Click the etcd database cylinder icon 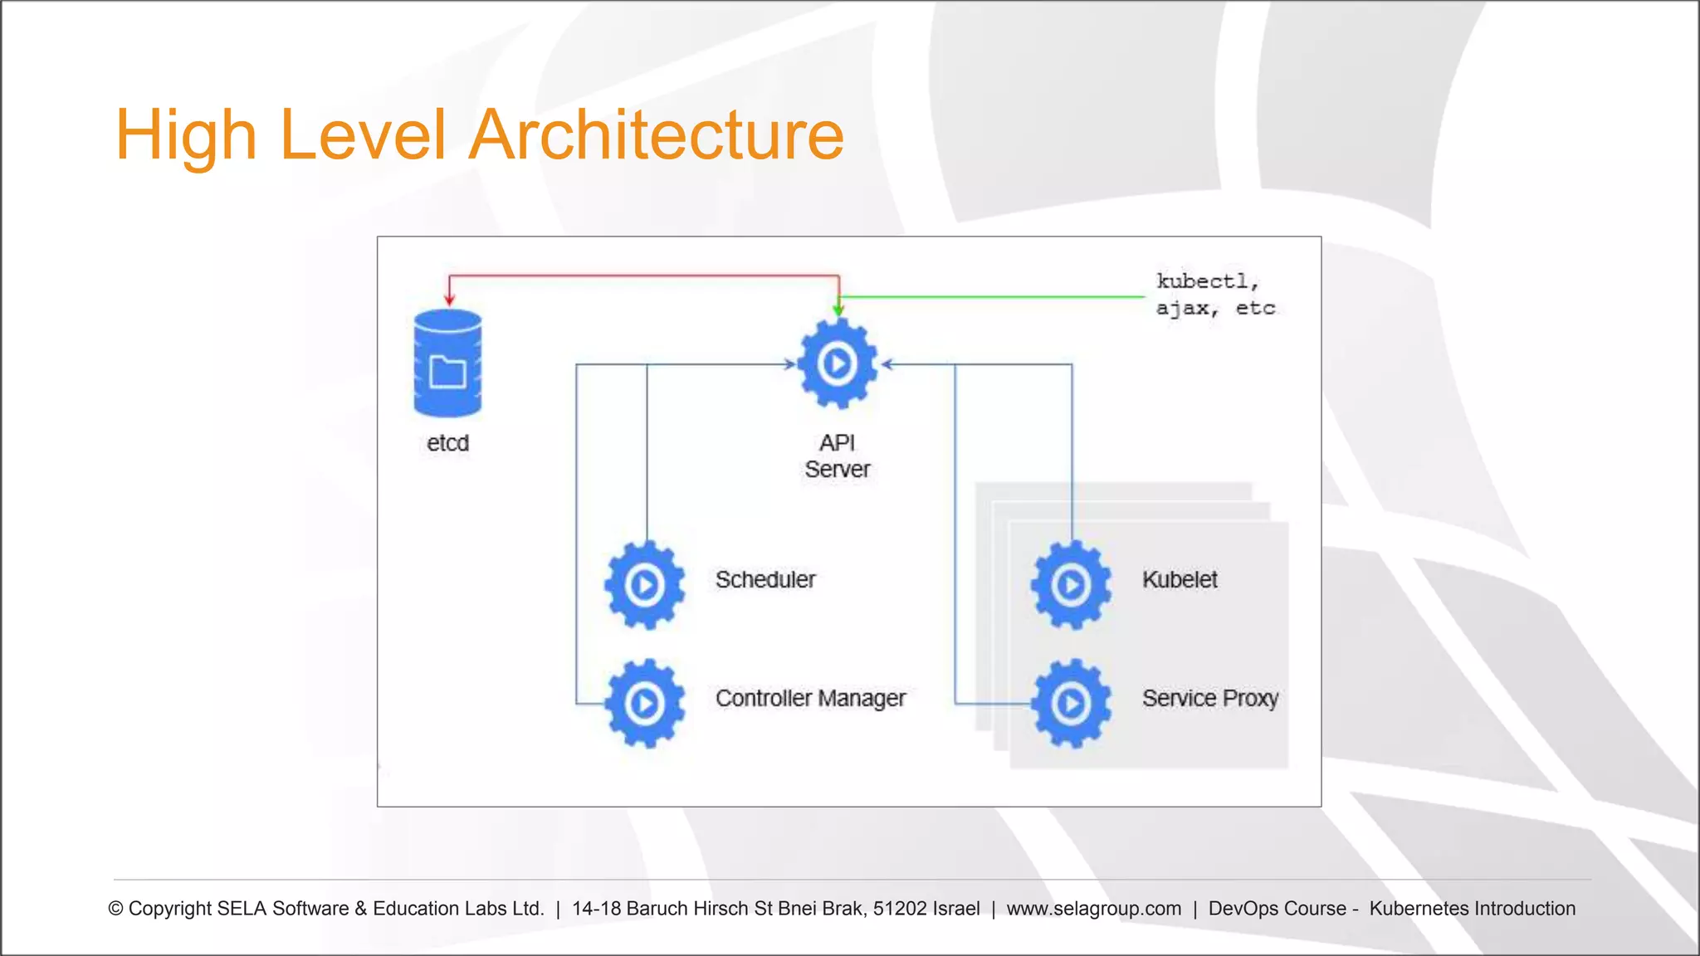tap(447, 363)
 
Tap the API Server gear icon tap(837, 363)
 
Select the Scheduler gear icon tap(645, 585)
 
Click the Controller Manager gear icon tap(645, 704)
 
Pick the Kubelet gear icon tap(1071, 585)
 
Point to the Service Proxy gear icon tap(1071, 704)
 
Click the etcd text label tap(447, 443)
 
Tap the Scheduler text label tap(765, 579)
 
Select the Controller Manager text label tap(810, 699)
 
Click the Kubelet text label tap(1180, 579)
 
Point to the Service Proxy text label tap(1209, 699)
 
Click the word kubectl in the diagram tap(1202, 281)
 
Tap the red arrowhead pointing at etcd tap(449, 299)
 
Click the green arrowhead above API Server tap(838, 310)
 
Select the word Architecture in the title tap(656, 134)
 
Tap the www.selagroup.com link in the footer tap(1093, 909)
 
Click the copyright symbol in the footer tap(116, 910)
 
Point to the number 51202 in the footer tap(900, 909)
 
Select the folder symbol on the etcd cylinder tap(447, 372)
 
